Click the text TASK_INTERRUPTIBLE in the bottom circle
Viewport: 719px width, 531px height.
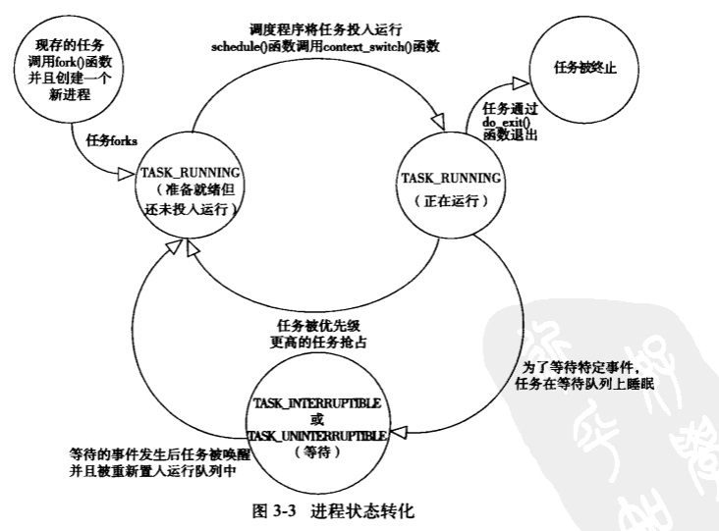[317, 403]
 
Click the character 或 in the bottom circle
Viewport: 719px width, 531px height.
[317, 419]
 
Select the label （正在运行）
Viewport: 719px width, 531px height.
[453, 202]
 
